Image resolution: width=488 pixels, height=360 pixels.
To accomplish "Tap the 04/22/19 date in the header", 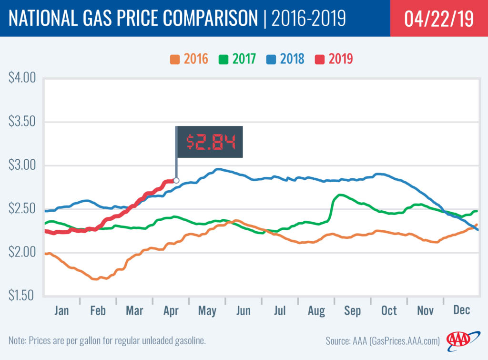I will [x=439, y=19].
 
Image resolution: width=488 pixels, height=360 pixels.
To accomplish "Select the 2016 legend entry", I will [x=189, y=60].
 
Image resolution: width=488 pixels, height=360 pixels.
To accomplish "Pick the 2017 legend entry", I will [x=237, y=60].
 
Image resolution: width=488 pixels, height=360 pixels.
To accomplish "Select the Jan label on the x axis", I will [x=61, y=311].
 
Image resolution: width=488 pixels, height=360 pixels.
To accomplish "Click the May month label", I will [x=207, y=311].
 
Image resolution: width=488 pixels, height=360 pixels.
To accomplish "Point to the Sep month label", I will [x=353, y=311].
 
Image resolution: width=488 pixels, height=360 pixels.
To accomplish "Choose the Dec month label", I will [x=461, y=311].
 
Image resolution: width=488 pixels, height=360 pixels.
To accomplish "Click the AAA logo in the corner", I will [x=458, y=339].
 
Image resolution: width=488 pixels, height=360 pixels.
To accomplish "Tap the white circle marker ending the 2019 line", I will [x=176, y=180].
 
